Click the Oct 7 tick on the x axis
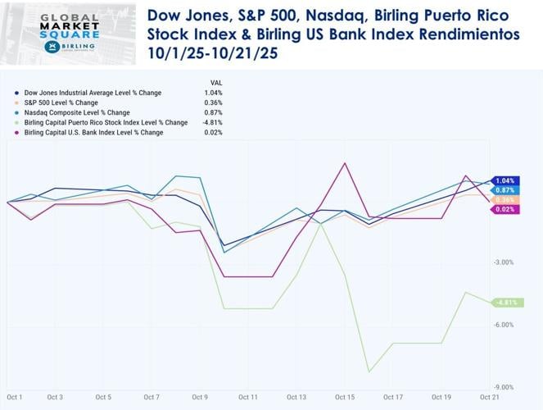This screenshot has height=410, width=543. point(152,398)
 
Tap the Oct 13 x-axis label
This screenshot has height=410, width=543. point(296,398)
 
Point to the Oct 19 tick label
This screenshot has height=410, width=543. point(441,398)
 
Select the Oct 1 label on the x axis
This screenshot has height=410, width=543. point(14,398)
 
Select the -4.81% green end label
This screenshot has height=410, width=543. point(505,303)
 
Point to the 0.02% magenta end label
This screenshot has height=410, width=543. point(505,210)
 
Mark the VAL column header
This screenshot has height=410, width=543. point(216,82)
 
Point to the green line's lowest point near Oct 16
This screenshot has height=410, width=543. point(369,371)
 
